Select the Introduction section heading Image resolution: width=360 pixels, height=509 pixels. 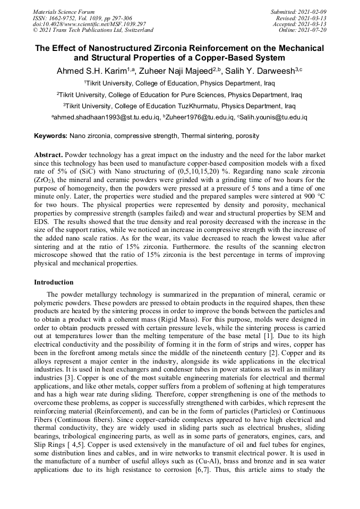click(x=54, y=282)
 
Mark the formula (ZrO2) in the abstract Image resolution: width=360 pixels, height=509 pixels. click(x=46, y=180)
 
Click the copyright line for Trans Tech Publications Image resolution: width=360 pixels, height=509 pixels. click(x=93, y=30)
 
